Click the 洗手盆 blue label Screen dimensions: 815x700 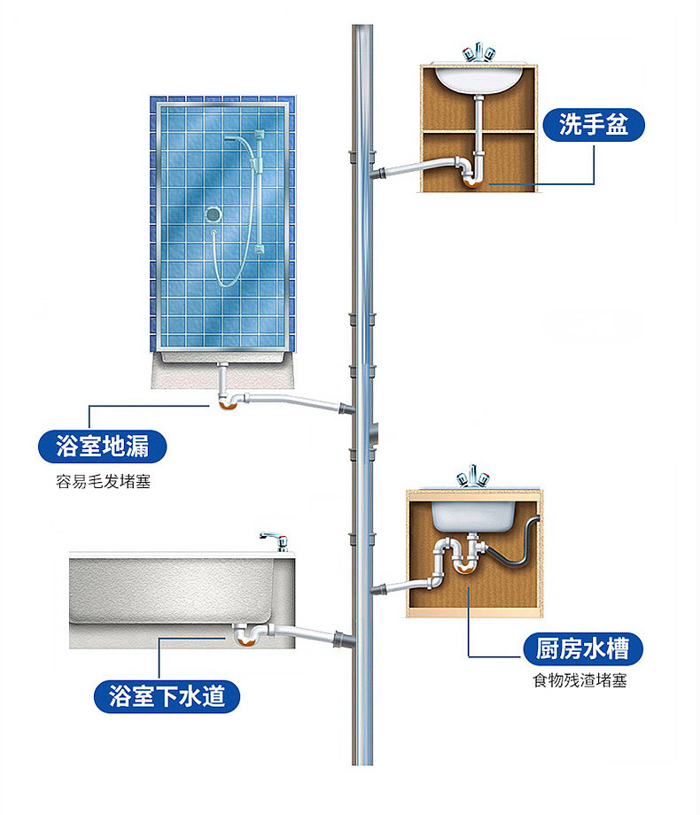pos(594,126)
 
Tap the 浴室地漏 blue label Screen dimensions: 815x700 pos(102,446)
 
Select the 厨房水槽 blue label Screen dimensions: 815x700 pos(582,650)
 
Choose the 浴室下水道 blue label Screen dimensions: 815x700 pos(167,696)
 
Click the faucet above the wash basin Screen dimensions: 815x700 pos(477,52)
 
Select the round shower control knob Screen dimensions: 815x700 pos(213,213)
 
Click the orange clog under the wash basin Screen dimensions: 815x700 pos(472,182)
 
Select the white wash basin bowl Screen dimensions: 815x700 pos(478,80)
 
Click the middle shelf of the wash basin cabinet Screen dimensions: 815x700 pos(478,132)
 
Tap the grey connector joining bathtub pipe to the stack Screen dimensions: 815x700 pos(341,639)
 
